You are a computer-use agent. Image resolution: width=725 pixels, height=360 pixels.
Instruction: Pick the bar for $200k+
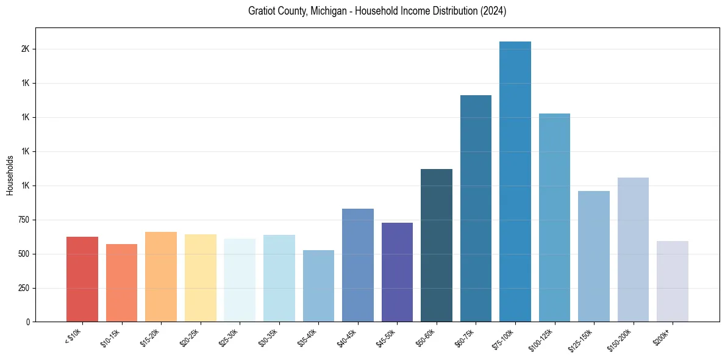tap(673, 281)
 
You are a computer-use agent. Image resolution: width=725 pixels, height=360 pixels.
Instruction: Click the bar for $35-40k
tap(318, 286)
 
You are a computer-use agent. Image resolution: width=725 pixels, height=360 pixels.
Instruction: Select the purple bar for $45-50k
tap(397, 272)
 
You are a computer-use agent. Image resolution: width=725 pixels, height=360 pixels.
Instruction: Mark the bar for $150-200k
tap(633, 250)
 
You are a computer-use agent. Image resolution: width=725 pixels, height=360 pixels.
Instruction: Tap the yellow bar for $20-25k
tap(201, 278)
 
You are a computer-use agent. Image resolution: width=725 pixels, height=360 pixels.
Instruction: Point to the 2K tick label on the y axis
tap(25, 49)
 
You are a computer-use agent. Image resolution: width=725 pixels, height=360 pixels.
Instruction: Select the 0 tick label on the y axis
tap(27, 322)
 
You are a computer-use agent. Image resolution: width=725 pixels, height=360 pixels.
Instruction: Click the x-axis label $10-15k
tap(110, 337)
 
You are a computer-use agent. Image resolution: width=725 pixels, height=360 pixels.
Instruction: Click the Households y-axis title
tap(10, 175)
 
